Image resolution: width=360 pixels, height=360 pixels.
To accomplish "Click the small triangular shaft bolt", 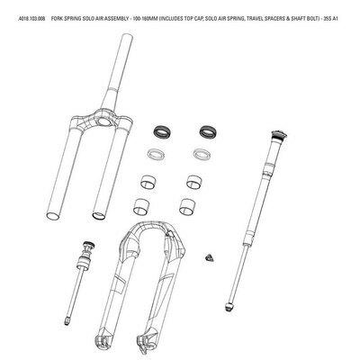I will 211,257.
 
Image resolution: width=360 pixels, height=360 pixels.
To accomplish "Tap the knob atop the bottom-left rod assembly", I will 86,245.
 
